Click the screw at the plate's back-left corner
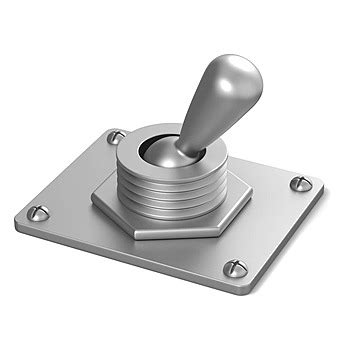tap(116, 136)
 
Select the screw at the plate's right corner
tap(300, 183)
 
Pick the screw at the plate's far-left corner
tap(38, 212)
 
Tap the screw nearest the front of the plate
tap(235, 268)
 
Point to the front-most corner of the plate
tap(240, 290)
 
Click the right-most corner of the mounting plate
tap(323, 186)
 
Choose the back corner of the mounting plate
tap(112, 127)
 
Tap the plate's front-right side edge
tap(285, 240)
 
